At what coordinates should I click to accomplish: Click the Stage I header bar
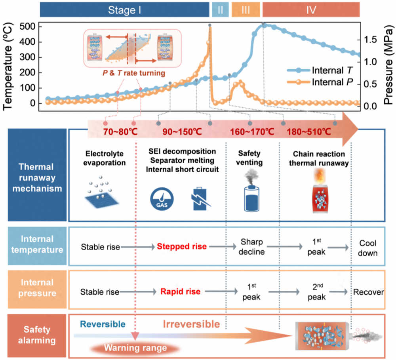pyautogui.click(x=124, y=10)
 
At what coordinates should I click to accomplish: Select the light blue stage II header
pyautogui.click(x=220, y=10)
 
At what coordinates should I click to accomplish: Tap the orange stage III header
pyautogui.click(x=246, y=10)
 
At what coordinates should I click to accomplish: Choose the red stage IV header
pyautogui.click(x=311, y=10)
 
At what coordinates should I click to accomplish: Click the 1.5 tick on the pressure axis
pyautogui.click(x=371, y=40)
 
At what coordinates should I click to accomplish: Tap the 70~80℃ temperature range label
pyautogui.click(x=120, y=131)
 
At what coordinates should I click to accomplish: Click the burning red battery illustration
pyautogui.click(x=322, y=194)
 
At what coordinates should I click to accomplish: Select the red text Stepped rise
pyautogui.click(x=181, y=246)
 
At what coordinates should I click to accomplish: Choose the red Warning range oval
pyautogui.click(x=135, y=348)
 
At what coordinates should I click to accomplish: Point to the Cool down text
pyautogui.click(x=367, y=248)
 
